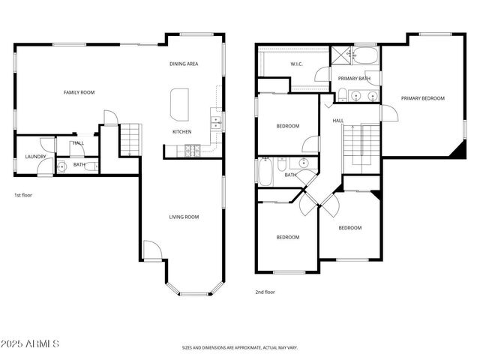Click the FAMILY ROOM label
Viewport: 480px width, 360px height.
coord(78,92)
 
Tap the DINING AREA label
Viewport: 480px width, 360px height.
coord(183,64)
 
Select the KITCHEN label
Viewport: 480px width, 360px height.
coord(182,132)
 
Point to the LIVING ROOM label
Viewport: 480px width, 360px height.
coord(183,217)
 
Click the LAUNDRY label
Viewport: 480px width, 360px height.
coord(35,157)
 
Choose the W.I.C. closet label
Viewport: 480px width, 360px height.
coord(296,64)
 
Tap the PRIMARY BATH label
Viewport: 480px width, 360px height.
coord(354,78)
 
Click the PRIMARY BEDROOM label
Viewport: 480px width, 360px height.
coord(422,98)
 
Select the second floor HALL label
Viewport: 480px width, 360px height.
coord(338,120)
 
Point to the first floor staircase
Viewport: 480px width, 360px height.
coord(130,139)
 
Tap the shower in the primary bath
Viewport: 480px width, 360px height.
coord(343,55)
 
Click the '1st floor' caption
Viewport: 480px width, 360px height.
coord(24,195)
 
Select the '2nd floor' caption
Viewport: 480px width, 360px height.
coord(265,292)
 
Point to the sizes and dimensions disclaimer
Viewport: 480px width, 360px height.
coord(240,348)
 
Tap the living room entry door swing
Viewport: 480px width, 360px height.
coord(151,250)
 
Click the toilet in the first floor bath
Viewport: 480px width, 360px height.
coord(62,166)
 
